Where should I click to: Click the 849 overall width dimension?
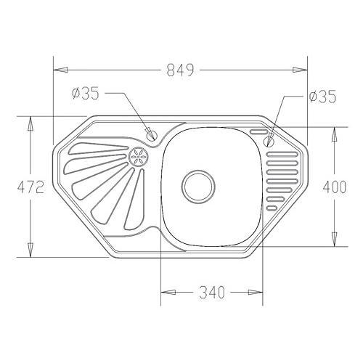click(181, 70)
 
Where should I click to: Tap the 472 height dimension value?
click(30, 187)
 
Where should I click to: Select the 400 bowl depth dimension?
click(335, 187)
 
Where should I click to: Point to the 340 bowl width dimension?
click(212, 292)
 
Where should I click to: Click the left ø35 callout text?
click(86, 94)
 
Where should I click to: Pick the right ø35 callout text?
click(322, 97)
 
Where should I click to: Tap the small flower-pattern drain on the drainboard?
click(138, 157)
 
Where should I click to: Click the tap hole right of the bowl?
click(269, 141)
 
